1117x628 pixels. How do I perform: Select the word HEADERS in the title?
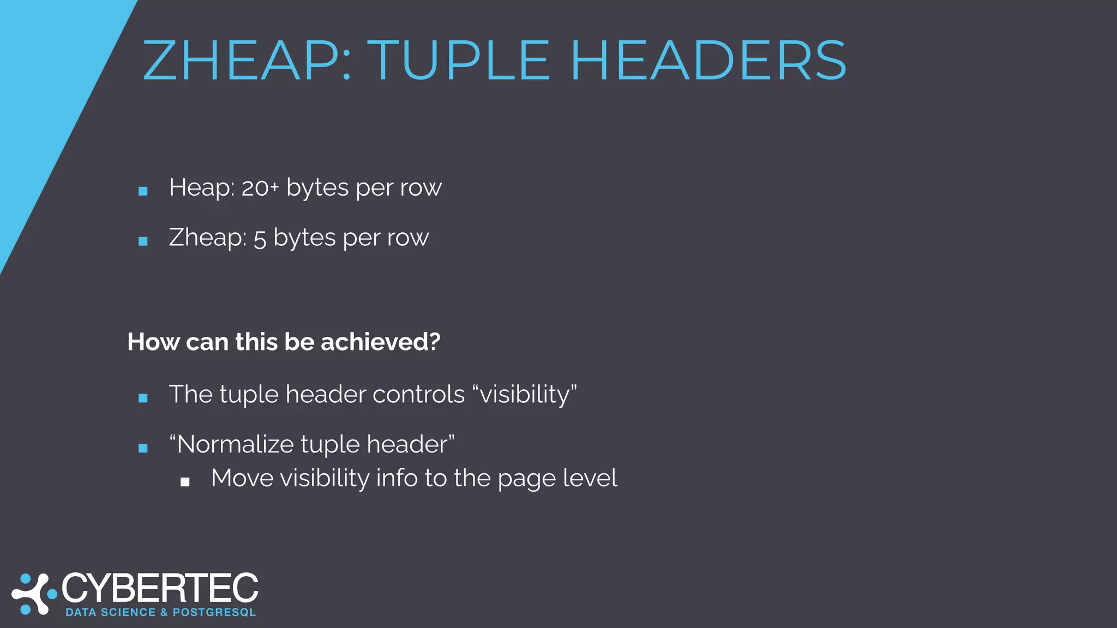click(708, 61)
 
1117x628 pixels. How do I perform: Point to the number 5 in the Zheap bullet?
click(260, 239)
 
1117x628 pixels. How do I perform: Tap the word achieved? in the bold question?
click(380, 342)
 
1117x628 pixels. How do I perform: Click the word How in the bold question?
click(153, 342)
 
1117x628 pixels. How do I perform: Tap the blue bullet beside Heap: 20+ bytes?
click(143, 191)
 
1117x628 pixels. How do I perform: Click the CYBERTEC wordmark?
click(160, 589)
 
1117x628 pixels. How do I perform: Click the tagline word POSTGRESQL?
click(214, 613)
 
